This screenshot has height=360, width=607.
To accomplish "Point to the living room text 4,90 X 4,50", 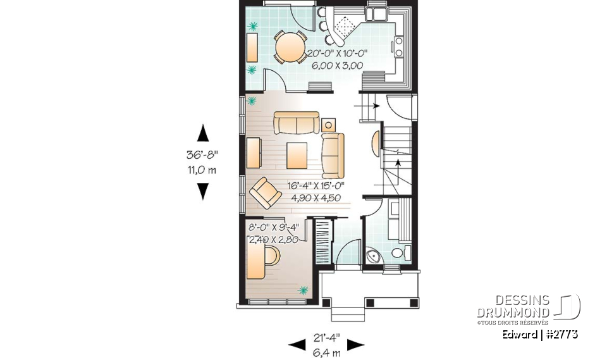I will click(x=316, y=197).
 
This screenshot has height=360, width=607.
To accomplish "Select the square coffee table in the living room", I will click(x=297, y=154).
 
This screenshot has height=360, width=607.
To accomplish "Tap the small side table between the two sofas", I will click(x=328, y=123).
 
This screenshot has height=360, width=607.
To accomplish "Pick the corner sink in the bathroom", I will click(x=373, y=257).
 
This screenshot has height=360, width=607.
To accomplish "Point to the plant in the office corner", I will click(x=303, y=290).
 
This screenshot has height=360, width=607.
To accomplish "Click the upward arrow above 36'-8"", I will click(x=203, y=133).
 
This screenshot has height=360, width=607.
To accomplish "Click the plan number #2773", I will click(x=560, y=334).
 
